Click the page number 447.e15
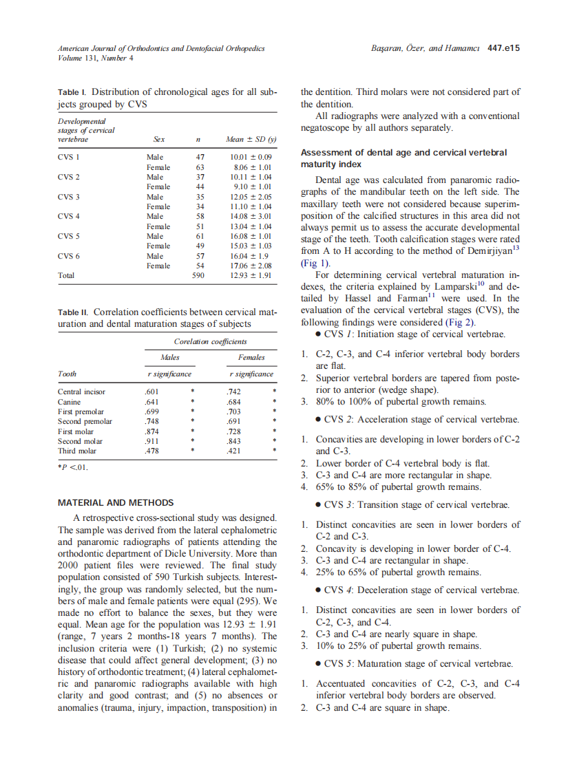point(503,48)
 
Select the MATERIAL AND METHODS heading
point(116,503)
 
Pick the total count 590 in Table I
point(198,275)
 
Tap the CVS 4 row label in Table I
point(69,216)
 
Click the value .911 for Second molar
point(153,441)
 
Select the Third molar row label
point(77,451)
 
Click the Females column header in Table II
point(251,357)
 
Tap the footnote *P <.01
point(72,468)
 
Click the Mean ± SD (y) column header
point(251,138)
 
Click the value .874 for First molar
point(153,431)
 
